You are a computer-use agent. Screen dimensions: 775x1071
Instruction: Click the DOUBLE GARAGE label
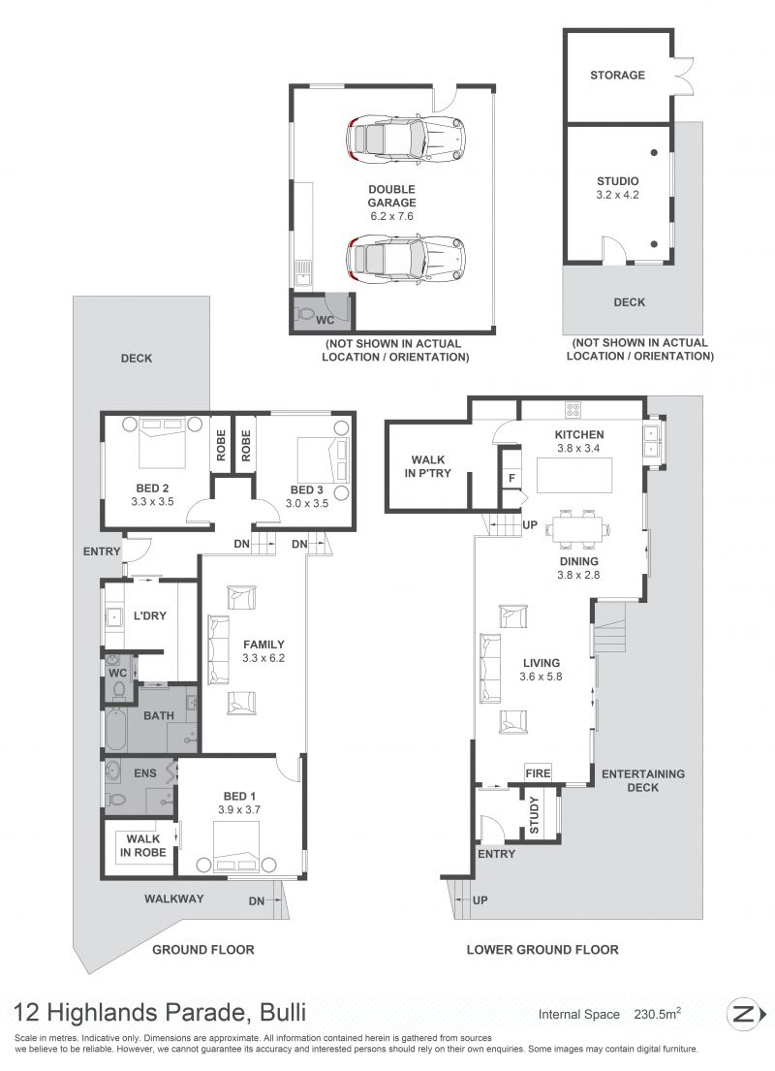391,196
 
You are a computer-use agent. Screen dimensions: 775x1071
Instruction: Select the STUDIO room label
617,181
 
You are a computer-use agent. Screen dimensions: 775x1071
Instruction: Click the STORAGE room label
617,76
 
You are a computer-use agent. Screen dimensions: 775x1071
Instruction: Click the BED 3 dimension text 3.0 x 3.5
306,503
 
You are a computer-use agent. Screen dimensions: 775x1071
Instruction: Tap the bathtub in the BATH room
114,731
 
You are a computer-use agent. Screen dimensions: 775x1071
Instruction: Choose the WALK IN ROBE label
142,845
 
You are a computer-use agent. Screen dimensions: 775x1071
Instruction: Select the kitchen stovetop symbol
573,410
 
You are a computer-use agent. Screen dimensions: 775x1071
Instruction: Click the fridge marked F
511,478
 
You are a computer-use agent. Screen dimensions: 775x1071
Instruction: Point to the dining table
578,528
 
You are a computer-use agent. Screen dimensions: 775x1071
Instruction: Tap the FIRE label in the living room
538,773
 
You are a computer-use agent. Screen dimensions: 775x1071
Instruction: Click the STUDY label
534,815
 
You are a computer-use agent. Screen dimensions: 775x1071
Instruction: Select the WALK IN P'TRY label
427,466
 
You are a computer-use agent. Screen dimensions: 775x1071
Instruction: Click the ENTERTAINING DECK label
642,780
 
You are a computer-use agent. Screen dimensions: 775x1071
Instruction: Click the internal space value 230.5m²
658,1014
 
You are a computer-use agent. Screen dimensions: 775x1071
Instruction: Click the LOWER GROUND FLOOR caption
542,950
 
